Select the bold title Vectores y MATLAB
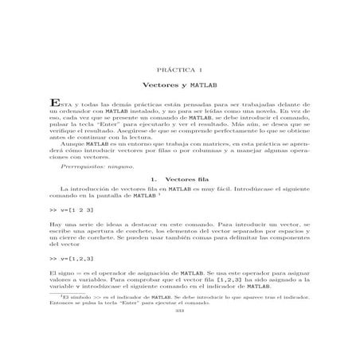(178, 84)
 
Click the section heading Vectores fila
(178, 182)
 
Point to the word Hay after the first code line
(55, 227)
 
